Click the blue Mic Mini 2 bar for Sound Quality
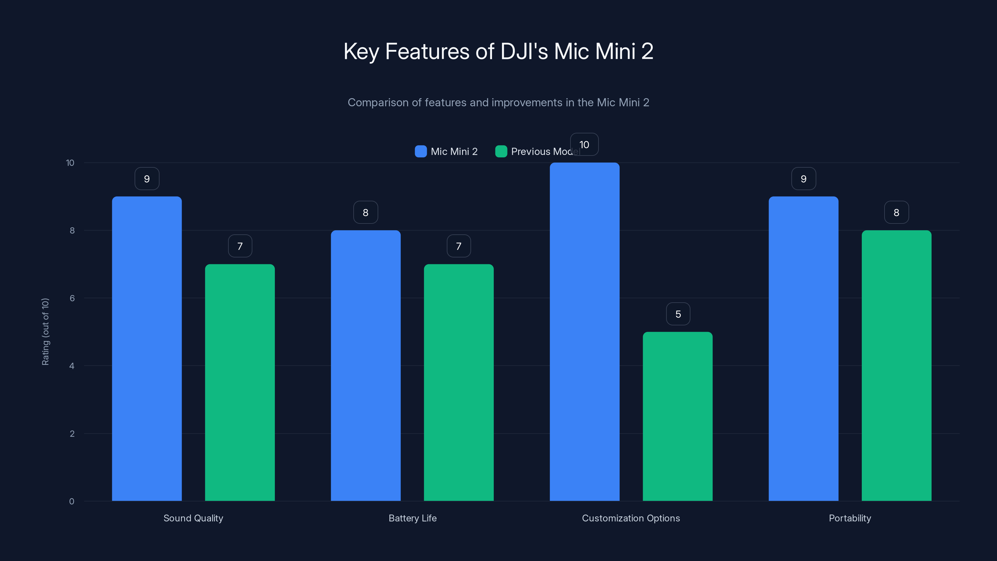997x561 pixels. coord(147,348)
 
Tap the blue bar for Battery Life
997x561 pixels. coord(365,366)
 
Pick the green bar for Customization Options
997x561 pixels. coord(677,416)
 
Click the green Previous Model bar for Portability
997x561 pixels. coord(896,366)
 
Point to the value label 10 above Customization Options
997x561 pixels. coord(584,144)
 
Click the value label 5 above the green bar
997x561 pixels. coord(678,314)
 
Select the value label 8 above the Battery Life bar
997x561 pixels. coord(365,213)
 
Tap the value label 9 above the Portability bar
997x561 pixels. coord(804,179)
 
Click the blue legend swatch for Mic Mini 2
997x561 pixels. coord(421,151)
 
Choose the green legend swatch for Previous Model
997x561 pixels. coord(501,151)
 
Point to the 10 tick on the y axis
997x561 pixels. coord(70,163)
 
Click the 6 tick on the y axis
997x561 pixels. coord(72,298)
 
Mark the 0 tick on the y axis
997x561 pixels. coord(72,501)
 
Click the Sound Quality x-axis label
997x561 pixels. coord(193,518)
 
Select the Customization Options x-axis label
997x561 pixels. coord(631,518)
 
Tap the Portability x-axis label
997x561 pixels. coord(850,518)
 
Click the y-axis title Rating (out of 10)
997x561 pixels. coord(45,332)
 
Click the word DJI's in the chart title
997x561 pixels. coord(524,51)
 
